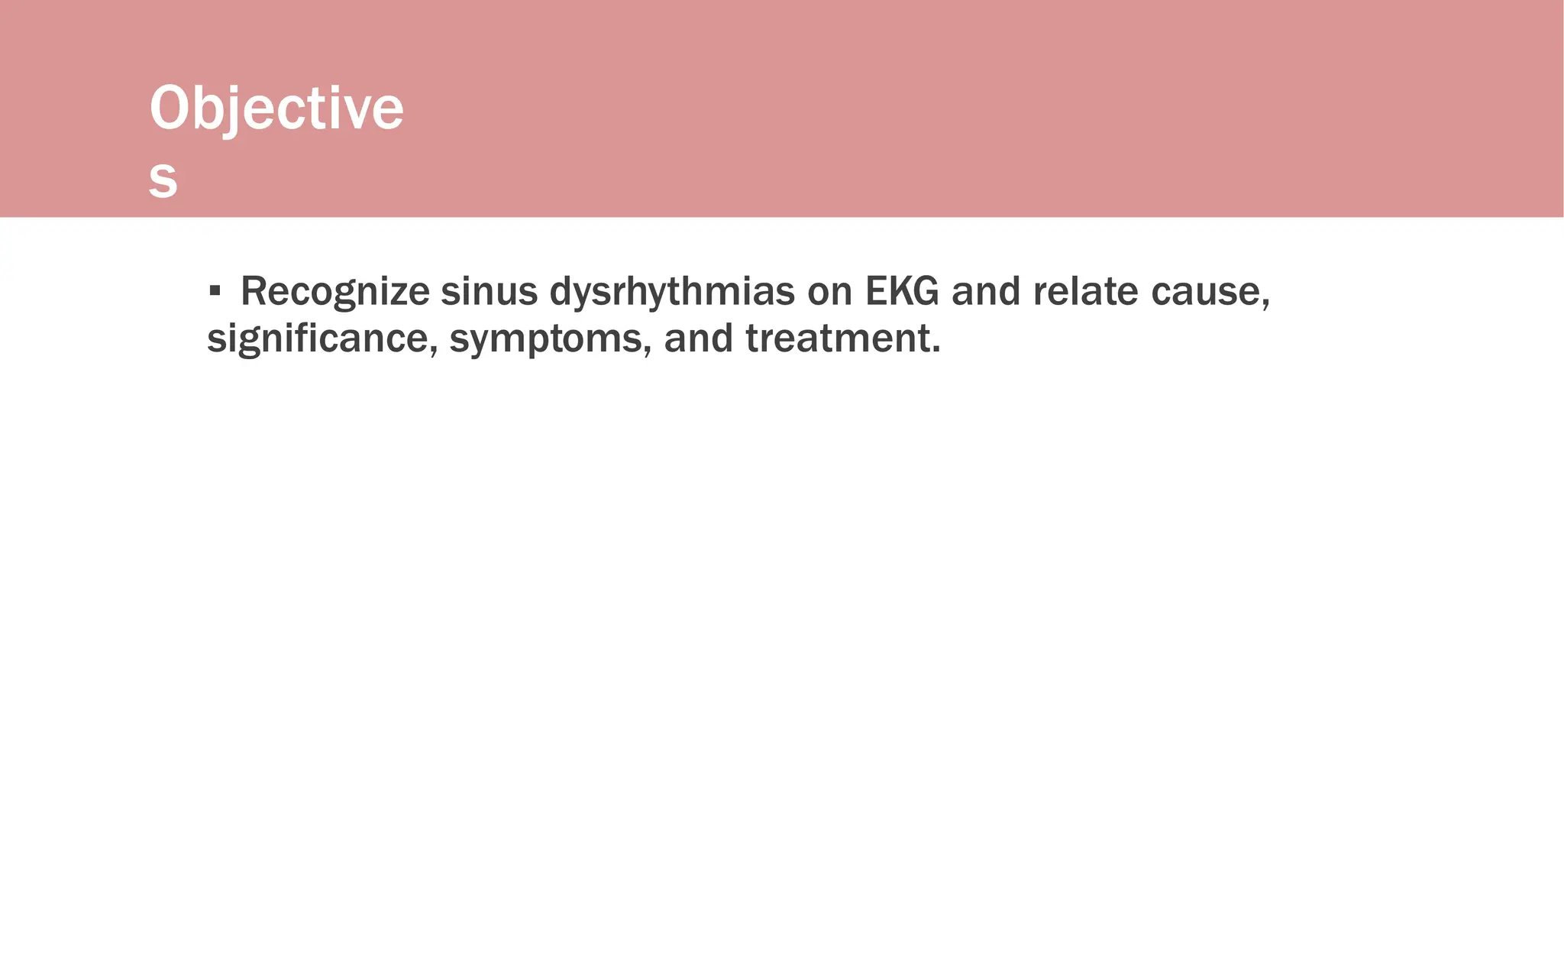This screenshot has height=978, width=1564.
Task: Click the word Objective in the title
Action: click(x=276, y=108)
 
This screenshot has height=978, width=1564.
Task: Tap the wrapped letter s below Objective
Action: click(x=163, y=180)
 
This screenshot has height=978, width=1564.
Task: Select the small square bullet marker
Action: click(x=215, y=290)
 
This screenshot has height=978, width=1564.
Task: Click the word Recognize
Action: click(x=335, y=292)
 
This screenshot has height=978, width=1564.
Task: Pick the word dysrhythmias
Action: click(x=672, y=292)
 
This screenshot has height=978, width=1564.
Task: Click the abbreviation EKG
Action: click(x=902, y=292)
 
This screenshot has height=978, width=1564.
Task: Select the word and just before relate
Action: click(x=986, y=292)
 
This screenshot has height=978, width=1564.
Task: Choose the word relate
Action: click(x=1085, y=292)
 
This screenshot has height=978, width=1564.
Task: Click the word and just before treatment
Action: click(x=698, y=338)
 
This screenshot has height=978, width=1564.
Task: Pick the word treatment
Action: click(x=837, y=338)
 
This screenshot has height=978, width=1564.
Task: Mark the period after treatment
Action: click(x=936, y=351)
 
